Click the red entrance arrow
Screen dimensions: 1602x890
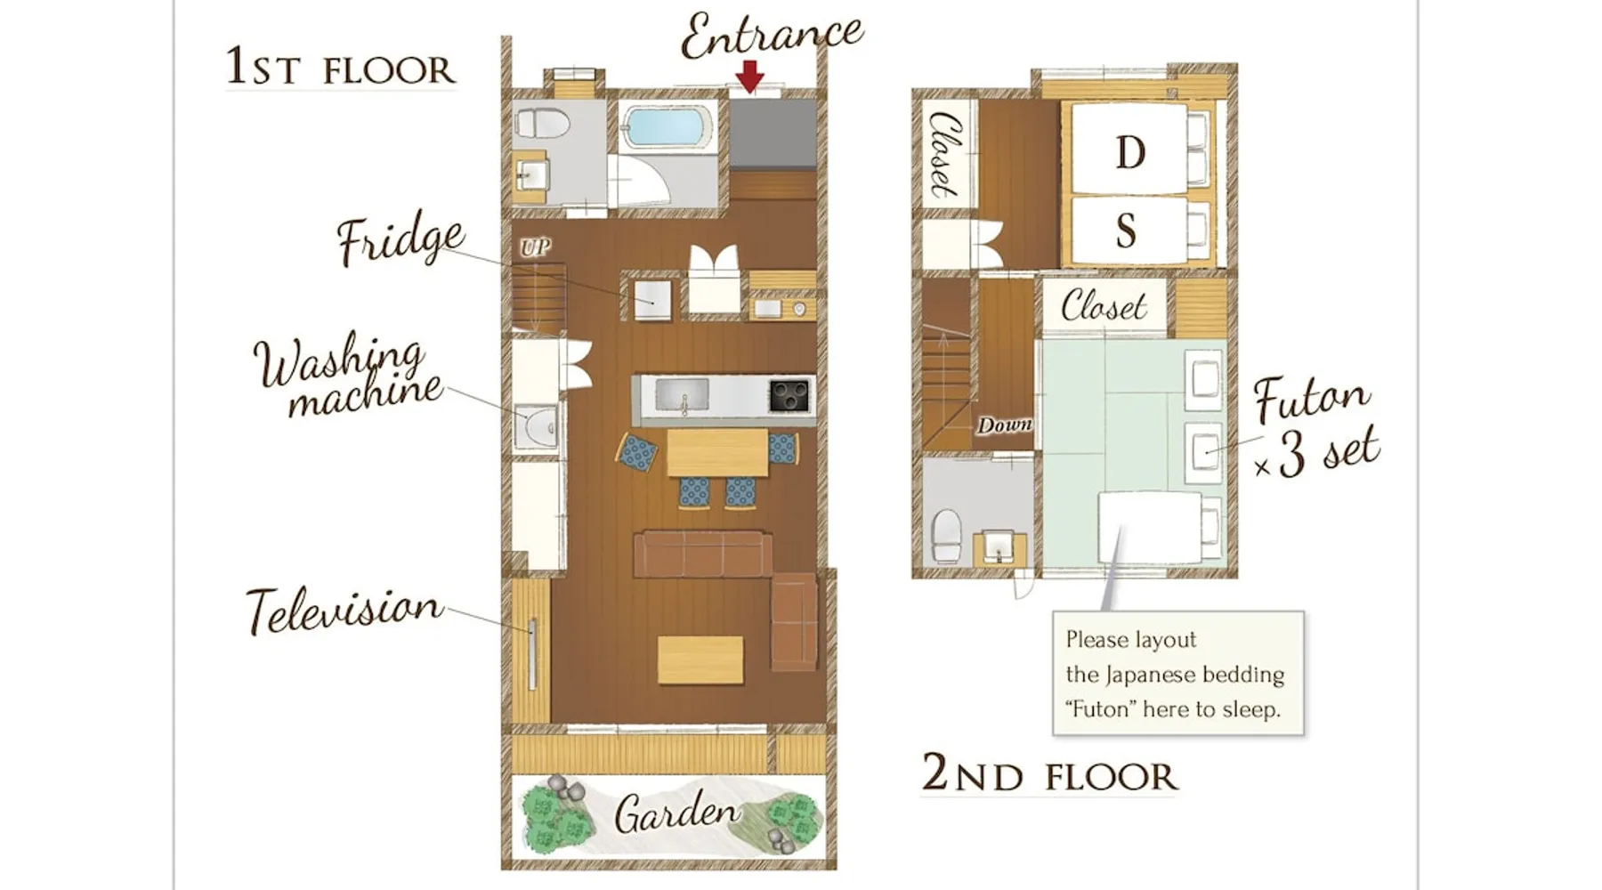[x=750, y=76]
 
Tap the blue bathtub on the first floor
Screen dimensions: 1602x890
[x=667, y=127]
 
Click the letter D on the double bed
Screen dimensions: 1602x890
[x=1130, y=152]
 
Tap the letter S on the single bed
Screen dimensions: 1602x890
[x=1126, y=231]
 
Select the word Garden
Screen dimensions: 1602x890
[x=676, y=812]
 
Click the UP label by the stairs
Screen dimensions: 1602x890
[x=535, y=247]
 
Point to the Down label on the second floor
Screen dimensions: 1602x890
[x=1005, y=425]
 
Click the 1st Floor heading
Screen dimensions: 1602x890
[x=340, y=67]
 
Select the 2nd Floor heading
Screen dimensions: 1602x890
[x=1049, y=773]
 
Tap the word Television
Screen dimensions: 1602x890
[x=344, y=610]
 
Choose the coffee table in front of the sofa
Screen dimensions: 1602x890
[x=700, y=659]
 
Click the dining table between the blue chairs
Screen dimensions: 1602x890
[x=717, y=453]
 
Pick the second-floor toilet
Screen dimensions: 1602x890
[x=947, y=535]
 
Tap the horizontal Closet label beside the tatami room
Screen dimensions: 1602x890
[x=1104, y=306]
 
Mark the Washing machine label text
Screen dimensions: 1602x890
[x=348, y=375]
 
